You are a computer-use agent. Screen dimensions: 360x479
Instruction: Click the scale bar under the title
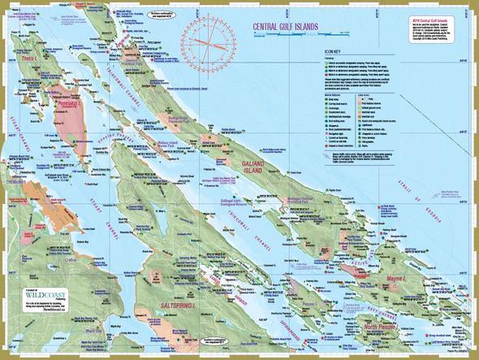[284, 37]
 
